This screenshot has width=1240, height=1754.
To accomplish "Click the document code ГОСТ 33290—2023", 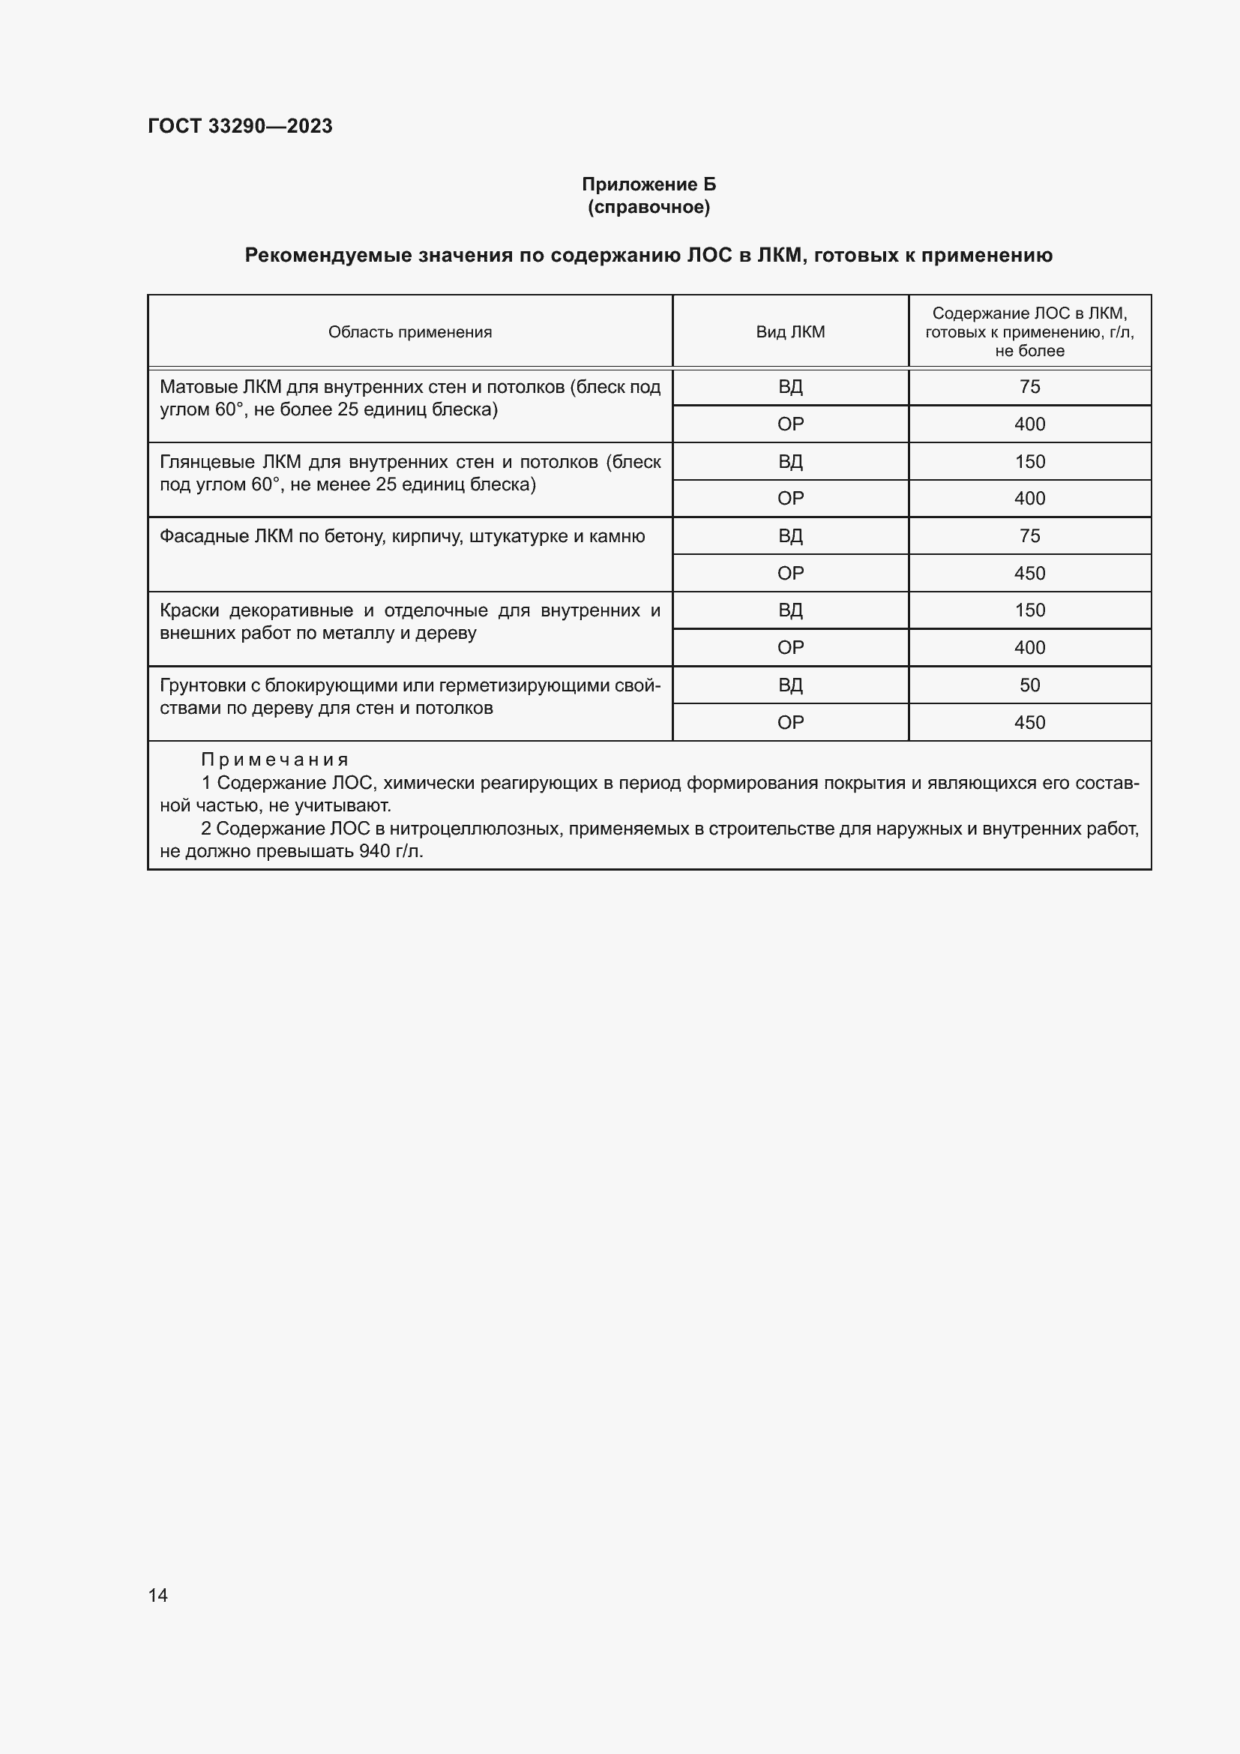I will (240, 126).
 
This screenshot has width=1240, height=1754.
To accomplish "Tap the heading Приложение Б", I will (648, 184).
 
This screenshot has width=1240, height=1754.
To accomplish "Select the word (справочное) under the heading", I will (648, 207).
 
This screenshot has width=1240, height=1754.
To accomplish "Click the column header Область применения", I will (409, 331).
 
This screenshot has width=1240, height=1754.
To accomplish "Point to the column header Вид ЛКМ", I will (789, 331).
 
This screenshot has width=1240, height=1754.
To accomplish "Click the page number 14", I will (158, 1595).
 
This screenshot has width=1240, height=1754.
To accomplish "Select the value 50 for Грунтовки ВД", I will (1029, 685).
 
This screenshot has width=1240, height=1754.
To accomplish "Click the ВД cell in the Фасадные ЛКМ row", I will (789, 536).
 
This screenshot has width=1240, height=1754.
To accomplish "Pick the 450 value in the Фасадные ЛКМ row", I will (1029, 574).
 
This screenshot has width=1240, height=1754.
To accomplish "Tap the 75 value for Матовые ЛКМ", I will (1029, 387).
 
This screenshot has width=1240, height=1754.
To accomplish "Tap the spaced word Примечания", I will (274, 760).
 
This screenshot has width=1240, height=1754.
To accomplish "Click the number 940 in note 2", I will (374, 851).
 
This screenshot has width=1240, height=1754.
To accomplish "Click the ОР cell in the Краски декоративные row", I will (789, 648).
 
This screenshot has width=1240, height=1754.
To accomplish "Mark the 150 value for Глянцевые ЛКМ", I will (1029, 462).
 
